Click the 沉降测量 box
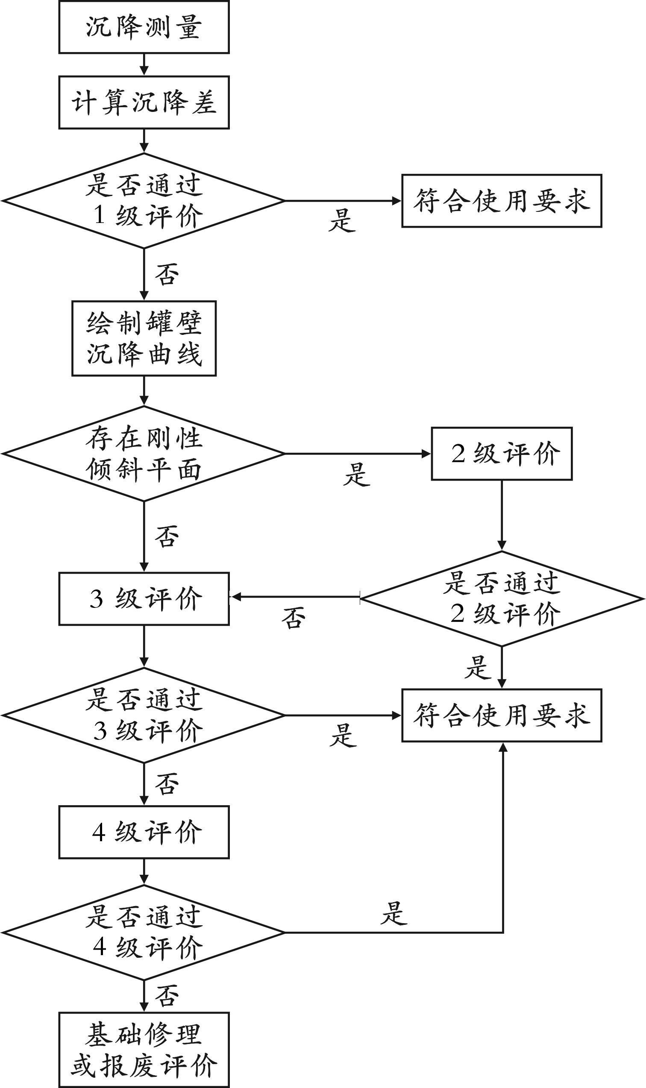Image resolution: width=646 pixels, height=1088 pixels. coord(144,27)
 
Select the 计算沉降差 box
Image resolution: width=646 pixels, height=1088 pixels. coord(144,103)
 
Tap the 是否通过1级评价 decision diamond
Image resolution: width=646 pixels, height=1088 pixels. coord(144,201)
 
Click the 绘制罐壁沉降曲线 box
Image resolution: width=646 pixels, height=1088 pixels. coord(144,338)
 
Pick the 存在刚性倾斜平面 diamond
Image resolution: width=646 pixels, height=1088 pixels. coord(144,454)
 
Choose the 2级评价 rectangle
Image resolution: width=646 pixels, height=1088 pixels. coord(502,454)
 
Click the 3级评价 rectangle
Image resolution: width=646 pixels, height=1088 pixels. coord(144,599)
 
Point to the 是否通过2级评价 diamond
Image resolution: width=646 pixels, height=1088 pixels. coord(502,599)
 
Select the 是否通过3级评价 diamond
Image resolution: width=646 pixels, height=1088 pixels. coord(144,715)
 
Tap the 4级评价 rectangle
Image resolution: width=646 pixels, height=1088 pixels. coord(144,832)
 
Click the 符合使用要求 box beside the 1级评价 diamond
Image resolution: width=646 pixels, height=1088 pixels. coord(502,201)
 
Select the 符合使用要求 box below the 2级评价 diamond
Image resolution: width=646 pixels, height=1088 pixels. coord(502,715)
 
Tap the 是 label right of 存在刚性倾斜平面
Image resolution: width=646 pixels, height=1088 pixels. coord(356,474)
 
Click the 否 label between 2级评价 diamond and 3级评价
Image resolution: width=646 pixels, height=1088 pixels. coord(294,618)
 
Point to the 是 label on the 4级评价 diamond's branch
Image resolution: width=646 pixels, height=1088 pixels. coord(394,913)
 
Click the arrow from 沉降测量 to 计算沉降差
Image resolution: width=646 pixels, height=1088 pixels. coord(144,65)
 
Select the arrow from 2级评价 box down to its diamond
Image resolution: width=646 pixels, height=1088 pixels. coord(502,515)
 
